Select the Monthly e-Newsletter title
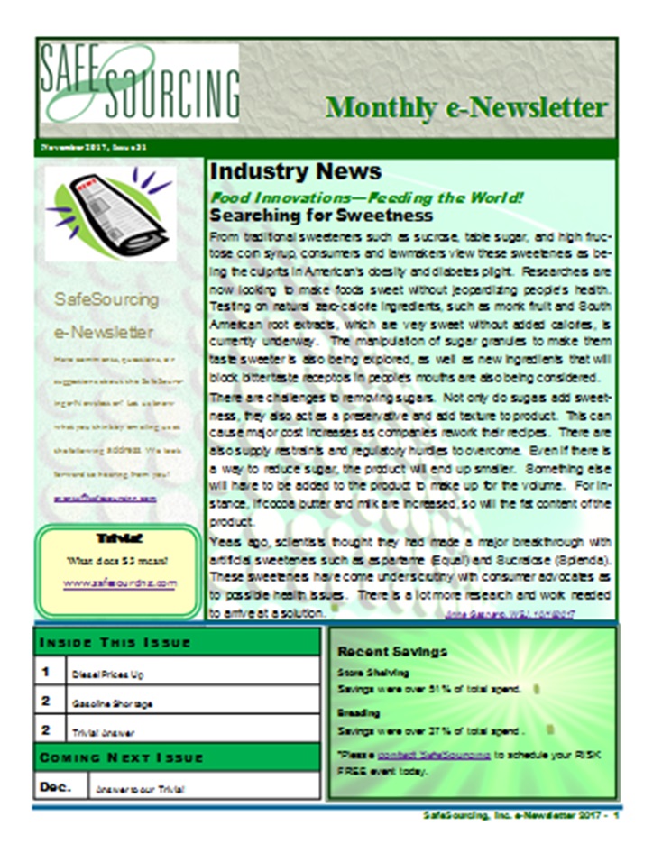[466, 107]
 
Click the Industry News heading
[282, 171]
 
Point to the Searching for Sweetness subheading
[321, 216]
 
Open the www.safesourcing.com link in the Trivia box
[120, 583]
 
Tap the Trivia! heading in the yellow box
[120, 538]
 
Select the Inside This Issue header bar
[177, 642]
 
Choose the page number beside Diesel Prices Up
[46, 672]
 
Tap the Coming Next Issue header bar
[177, 757]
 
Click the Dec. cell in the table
[52, 786]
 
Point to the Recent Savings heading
[391, 651]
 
